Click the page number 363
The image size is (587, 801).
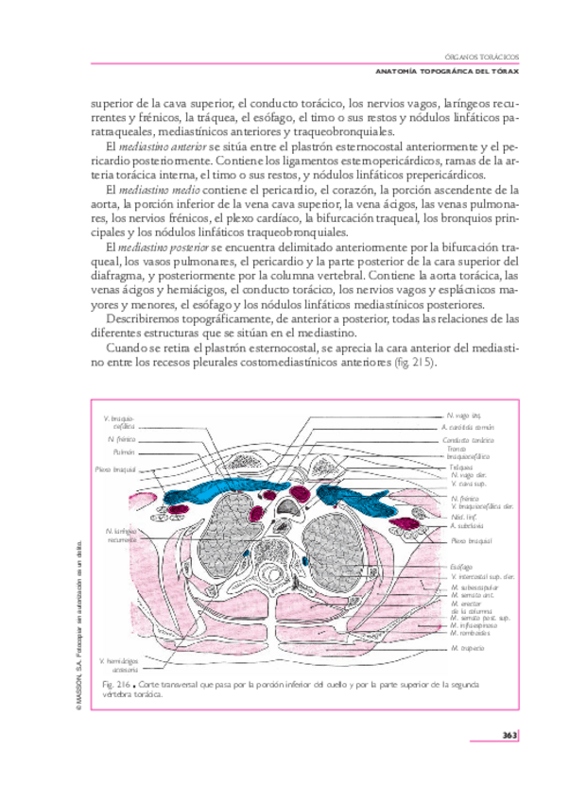[508, 735]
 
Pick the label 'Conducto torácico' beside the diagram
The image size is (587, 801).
[469, 440]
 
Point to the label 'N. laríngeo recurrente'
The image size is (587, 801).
[122, 536]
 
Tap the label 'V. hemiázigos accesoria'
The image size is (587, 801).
[119, 665]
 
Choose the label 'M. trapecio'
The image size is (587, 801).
[467, 649]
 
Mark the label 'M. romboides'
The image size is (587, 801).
[471, 632]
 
